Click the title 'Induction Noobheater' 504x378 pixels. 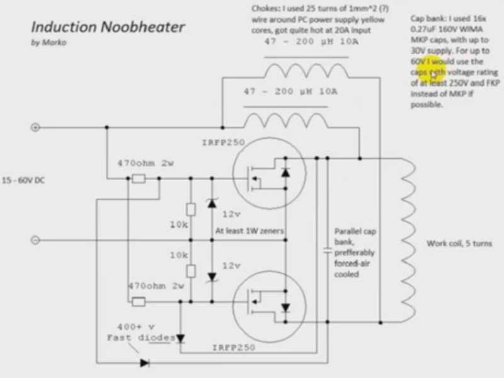pyautogui.click(x=108, y=27)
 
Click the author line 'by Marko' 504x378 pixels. pyautogui.click(x=48, y=43)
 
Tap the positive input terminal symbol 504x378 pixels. pyautogui.click(x=35, y=127)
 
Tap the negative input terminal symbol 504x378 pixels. pyautogui.click(x=35, y=240)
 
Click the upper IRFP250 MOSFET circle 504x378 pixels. pyautogui.click(x=268, y=178)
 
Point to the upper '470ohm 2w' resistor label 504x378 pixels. pyautogui.click(x=146, y=163)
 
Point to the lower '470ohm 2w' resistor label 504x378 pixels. pyautogui.click(x=155, y=285)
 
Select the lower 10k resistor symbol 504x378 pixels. pyautogui.click(x=190, y=270)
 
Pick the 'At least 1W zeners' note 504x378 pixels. pyautogui.click(x=249, y=231)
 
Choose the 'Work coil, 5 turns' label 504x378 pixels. pyautogui.click(x=459, y=243)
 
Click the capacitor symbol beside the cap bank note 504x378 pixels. pyautogui.click(x=327, y=250)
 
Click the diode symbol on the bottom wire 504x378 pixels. pyautogui.click(x=145, y=362)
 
